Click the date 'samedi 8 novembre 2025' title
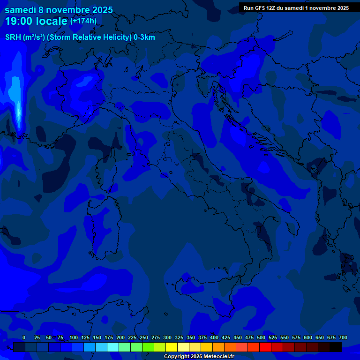pos(59,9)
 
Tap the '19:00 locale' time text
pos(36,21)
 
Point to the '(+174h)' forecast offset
pos(83,21)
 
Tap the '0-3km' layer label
pos(144,37)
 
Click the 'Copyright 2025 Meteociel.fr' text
pos(199,357)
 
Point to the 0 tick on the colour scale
pos(24,337)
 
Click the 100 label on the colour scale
pos(74,337)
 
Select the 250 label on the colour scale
pos(144,337)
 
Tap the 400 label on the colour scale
pos(214,337)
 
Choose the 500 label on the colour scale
pos(261,337)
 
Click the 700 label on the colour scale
pos(343,337)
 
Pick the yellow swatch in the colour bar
pos(172,347)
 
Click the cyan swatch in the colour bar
pos(113,347)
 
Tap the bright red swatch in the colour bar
pos(265,347)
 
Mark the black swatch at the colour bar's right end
pos(336,347)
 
